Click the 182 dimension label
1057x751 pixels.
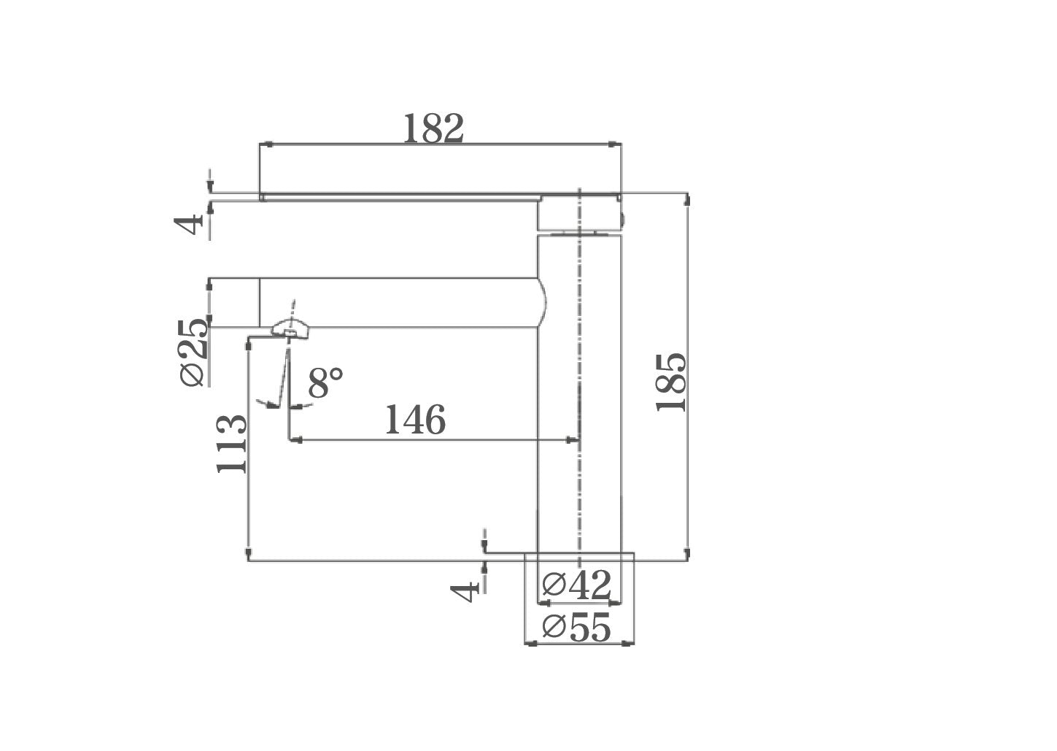pos(433,129)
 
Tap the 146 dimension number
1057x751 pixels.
pos(414,420)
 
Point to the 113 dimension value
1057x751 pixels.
pos(233,444)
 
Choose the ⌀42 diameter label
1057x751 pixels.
pos(577,585)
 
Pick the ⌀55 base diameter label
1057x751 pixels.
pos(577,628)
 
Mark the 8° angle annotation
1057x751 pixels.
pos(325,382)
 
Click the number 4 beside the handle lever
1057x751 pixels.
pos(192,225)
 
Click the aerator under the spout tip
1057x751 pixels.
pos(290,331)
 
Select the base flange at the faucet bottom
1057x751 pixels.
pos(579,557)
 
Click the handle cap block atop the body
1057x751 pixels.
pos(580,213)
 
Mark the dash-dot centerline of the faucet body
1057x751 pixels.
pos(579,380)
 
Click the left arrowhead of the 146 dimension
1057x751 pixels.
pos(295,440)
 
